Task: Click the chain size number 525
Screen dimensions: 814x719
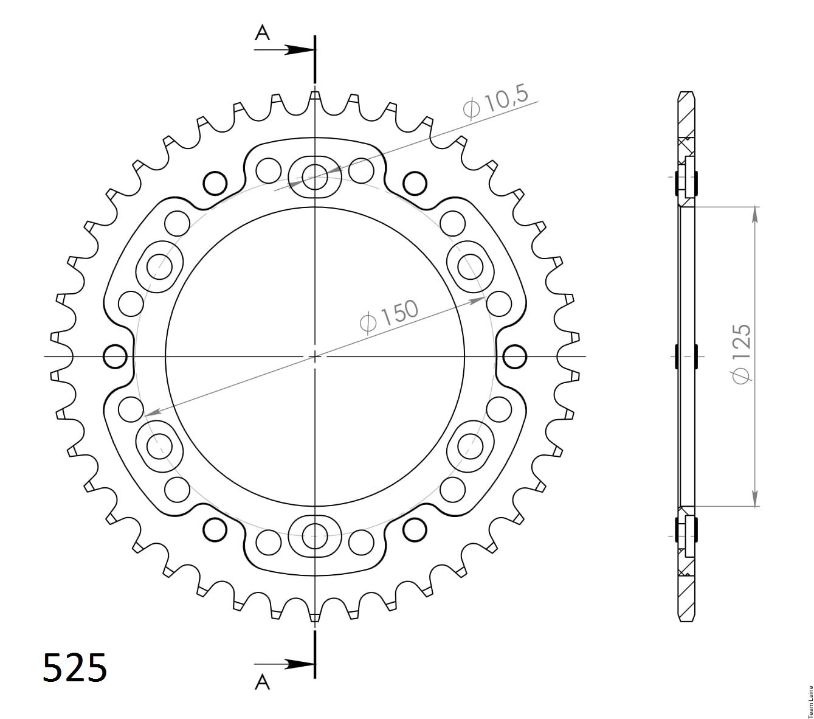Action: coord(75,667)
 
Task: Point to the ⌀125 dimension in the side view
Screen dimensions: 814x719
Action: coord(741,353)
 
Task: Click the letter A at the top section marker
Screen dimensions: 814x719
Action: coord(263,33)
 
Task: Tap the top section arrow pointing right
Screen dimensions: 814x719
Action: coord(284,50)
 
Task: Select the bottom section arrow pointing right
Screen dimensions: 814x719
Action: coord(284,664)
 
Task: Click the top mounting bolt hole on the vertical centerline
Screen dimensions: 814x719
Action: coord(314,177)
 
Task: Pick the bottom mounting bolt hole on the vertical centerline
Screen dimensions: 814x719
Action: coord(314,536)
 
